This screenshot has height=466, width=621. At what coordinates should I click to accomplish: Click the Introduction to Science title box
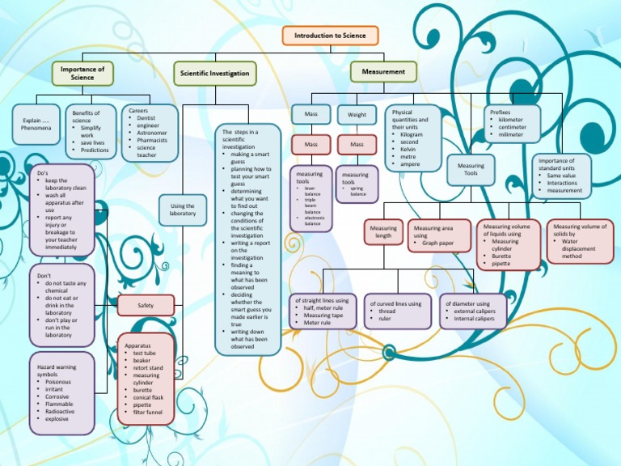coord(330,36)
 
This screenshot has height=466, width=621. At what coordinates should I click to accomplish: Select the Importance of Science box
coord(82,74)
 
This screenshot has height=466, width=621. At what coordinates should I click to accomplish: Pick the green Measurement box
coord(384,72)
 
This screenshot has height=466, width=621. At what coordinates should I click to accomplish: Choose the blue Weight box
coord(357,115)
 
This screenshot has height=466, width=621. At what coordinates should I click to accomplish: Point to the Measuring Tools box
coord(471,170)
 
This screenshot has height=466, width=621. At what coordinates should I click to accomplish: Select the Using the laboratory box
coord(183,210)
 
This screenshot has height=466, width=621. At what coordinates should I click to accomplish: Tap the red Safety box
coord(146,305)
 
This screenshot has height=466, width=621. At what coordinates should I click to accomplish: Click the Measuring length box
coord(383,233)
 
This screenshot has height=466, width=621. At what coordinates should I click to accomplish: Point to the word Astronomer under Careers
coord(151,132)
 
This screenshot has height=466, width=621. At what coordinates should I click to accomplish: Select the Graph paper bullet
coord(438,243)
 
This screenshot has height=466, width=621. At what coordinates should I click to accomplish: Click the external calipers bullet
coord(477,311)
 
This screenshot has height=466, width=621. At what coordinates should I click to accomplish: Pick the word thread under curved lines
coord(387,311)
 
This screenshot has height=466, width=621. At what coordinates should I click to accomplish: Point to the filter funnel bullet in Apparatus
coord(148,413)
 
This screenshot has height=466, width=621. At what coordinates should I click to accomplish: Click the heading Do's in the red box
coord(44,172)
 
